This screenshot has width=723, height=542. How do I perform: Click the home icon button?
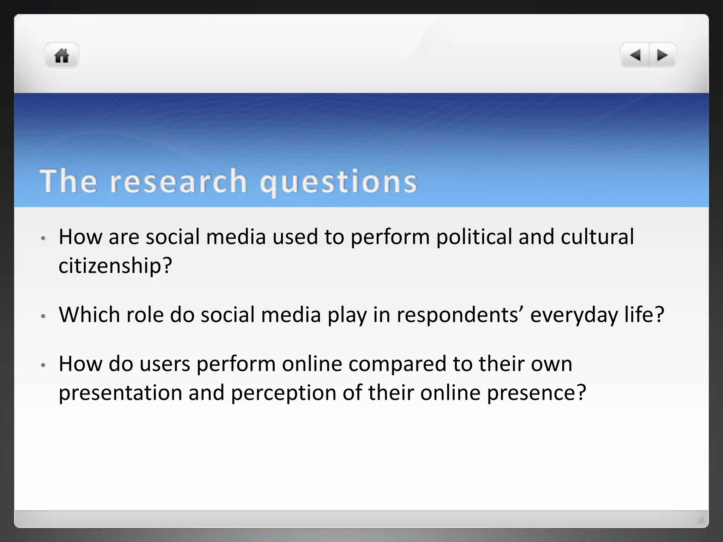point(62,56)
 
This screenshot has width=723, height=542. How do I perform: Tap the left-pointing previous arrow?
point(635,55)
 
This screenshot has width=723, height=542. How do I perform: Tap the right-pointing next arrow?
point(662,55)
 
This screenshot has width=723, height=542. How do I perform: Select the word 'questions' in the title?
point(339,182)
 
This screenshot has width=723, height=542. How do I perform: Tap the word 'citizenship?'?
point(115,265)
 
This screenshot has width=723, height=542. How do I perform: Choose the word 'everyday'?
point(574,315)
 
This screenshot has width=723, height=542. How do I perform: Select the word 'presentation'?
point(120,393)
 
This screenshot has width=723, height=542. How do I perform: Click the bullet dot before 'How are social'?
point(43,238)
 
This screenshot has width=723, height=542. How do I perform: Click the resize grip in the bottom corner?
point(701,520)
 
